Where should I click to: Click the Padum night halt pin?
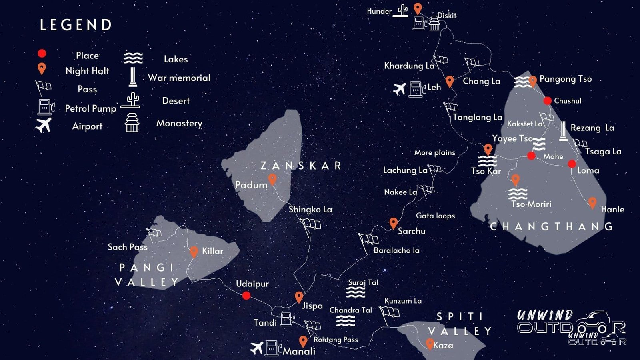click(x=272, y=179)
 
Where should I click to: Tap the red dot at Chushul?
click(x=547, y=101)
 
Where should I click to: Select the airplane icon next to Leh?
click(x=399, y=89)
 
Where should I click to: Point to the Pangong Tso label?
click(x=565, y=79)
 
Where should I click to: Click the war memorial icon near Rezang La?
click(x=563, y=132)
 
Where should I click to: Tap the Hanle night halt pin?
click(x=592, y=203)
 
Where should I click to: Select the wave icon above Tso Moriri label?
click(x=518, y=194)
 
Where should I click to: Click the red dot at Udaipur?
click(x=246, y=296)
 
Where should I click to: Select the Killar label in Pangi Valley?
click(x=212, y=251)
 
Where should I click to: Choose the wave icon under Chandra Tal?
click(x=345, y=321)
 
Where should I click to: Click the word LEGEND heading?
click(x=76, y=25)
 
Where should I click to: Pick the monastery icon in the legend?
click(x=132, y=122)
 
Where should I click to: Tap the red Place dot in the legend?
click(x=42, y=54)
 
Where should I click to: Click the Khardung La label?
click(x=409, y=66)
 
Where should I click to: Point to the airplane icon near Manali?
click(x=256, y=348)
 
